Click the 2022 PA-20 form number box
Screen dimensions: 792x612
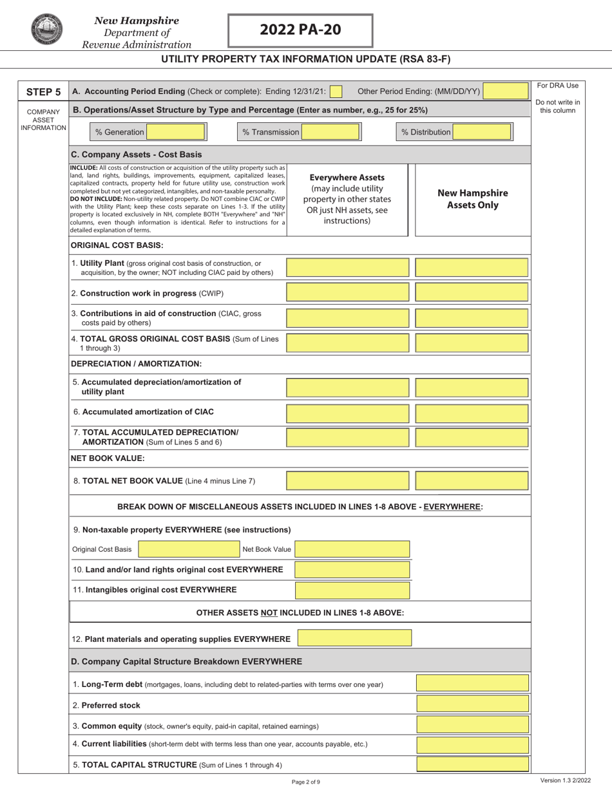pyautogui.click(x=300, y=30)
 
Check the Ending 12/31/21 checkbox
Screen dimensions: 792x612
pyautogui.click(x=336, y=92)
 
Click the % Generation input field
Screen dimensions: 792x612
pyautogui.click(x=175, y=132)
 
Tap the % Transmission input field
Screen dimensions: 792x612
pyautogui.click(x=330, y=132)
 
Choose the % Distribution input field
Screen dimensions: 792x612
pyautogui.click(x=481, y=132)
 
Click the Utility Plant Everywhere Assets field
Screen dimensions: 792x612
pyautogui.click(x=347, y=268)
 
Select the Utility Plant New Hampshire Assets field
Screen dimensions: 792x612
pyautogui.click(x=472, y=268)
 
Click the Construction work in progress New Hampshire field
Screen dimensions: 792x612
pyautogui.click(x=472, y=293)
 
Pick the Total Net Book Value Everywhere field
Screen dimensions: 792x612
pyautogui.click(x=347, y=480)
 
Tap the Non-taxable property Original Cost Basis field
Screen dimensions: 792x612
pyautogui.click(x=187, y=549)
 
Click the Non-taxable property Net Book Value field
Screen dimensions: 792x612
pyautogui.click(x=352, y=549)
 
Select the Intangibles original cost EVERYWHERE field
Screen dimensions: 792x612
pyautogui.click(x=352, y=590)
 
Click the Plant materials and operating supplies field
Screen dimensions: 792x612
pyautogui.click(x=354, y=638)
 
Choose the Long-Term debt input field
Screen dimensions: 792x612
pyautogui.click(x=472, y=684)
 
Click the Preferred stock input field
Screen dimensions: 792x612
pyautogui.click(x=472, y=705)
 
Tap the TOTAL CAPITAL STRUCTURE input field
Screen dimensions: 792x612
pyautogui.click(x=472, y=765)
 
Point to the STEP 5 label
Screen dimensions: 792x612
pyautogui.click(x=43, y=92)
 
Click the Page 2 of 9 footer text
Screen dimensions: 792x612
pyautogui.click(x=305, y=782)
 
